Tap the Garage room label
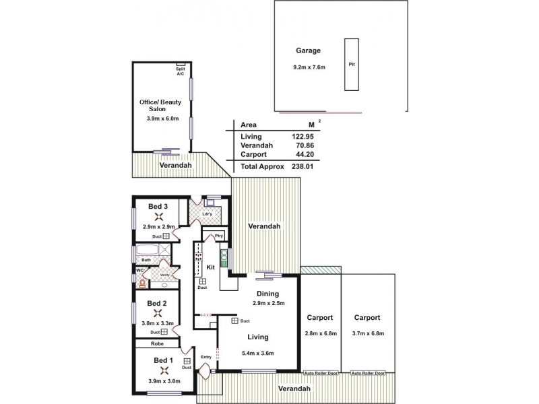tap(308, 50)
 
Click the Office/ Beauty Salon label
tap(160, 105)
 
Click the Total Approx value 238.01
tap(303, 166)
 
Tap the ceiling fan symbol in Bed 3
tap(160, 217)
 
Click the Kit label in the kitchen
tap(210, 267)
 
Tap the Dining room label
tap(267, 294)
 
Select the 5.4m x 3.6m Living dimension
tap(258, 353)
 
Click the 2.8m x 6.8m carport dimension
tap(321, 333)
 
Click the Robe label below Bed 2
tap(156, 343)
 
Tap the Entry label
tap(206, 357)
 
